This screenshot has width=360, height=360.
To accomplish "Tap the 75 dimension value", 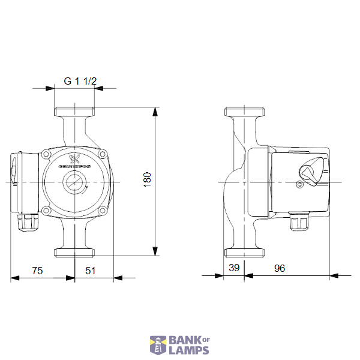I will point(37,271).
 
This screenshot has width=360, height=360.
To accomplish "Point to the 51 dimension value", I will point(90,271).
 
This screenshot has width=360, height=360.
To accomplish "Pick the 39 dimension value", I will point(234,268).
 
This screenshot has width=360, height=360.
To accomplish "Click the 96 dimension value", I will point(280,268).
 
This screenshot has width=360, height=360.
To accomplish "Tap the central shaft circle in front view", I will point(75,181).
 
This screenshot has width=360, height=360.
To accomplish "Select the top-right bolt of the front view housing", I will point(103,155).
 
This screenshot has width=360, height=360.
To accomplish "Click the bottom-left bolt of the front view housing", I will point(46,209).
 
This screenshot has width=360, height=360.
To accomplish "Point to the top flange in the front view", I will point(75,112).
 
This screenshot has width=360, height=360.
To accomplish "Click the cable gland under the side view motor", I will point(298,223).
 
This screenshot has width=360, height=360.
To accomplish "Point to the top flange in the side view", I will point(245,112).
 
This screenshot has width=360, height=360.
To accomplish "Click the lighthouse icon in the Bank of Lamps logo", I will point(158,346).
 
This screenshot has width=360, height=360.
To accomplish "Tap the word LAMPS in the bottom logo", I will point(188,350).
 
